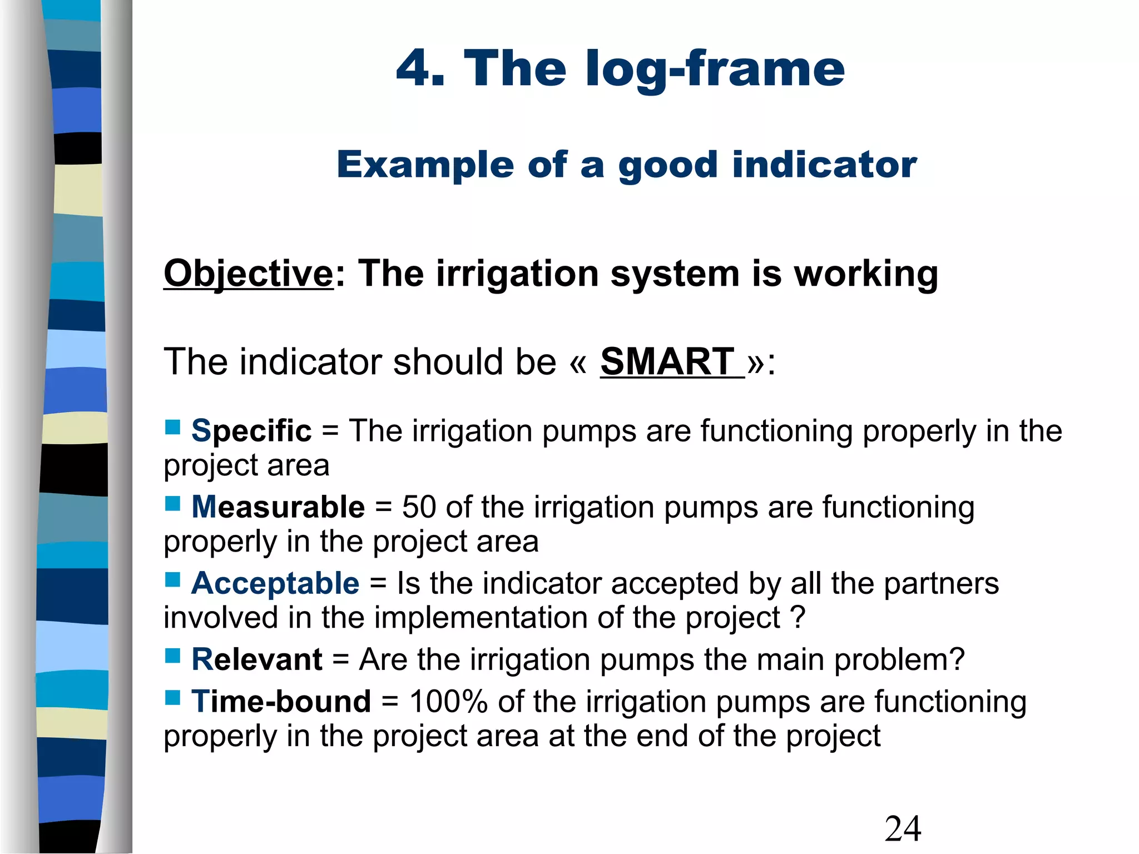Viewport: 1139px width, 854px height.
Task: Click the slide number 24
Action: (x=903, y=829)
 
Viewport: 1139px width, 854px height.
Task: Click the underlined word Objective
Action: (x=248, y=274)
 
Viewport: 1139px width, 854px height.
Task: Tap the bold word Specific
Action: (x=251, y=431)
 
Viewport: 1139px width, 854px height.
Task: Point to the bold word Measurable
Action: (x=278, y=507)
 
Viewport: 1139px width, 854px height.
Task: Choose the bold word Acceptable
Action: (x=275, y=583)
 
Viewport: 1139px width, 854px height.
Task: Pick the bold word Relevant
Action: (x=257, y=660)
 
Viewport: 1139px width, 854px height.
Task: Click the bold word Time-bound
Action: (x=281, y=702)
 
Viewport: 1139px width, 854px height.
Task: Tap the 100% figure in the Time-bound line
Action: (x=448, y=702)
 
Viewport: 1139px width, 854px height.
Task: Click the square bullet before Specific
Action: (x=172, y=427)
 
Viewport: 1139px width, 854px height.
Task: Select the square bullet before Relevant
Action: (x=172, y=656)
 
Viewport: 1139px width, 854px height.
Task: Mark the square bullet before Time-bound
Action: (x=172, y=697)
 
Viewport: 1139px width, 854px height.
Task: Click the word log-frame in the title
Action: (x=715, y=69)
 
